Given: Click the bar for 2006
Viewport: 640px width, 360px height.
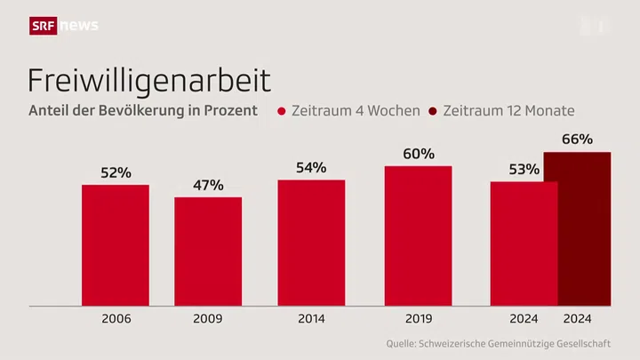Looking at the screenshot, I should tap(115, 244).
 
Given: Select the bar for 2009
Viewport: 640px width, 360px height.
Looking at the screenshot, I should tap(208, 251).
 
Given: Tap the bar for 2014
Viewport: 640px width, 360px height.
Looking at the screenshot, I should tap(311, 242).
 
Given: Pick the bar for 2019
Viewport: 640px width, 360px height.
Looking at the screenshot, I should tap(418, 236).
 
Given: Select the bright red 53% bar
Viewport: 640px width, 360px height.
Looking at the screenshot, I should tap(524, 244).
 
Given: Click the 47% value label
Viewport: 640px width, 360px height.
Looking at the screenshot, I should tap(208, 186).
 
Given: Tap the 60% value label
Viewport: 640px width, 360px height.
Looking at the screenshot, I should tap(418, 154).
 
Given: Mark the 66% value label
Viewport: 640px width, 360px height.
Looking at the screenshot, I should tap(577, 140).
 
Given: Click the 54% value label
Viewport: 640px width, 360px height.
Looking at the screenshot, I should tap(311, 167).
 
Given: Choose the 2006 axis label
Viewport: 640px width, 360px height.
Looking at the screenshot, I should tap(115, 318).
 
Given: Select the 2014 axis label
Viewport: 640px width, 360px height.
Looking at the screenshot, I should tap(311, 318).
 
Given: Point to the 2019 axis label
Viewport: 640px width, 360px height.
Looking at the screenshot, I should tap(418, 318).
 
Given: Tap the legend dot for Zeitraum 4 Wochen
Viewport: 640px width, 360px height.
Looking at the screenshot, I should tap(282, 112).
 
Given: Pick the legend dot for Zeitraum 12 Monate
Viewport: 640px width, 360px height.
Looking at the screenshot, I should tap(434, 112).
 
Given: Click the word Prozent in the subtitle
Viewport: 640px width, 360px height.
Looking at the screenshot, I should tap(232, 111).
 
